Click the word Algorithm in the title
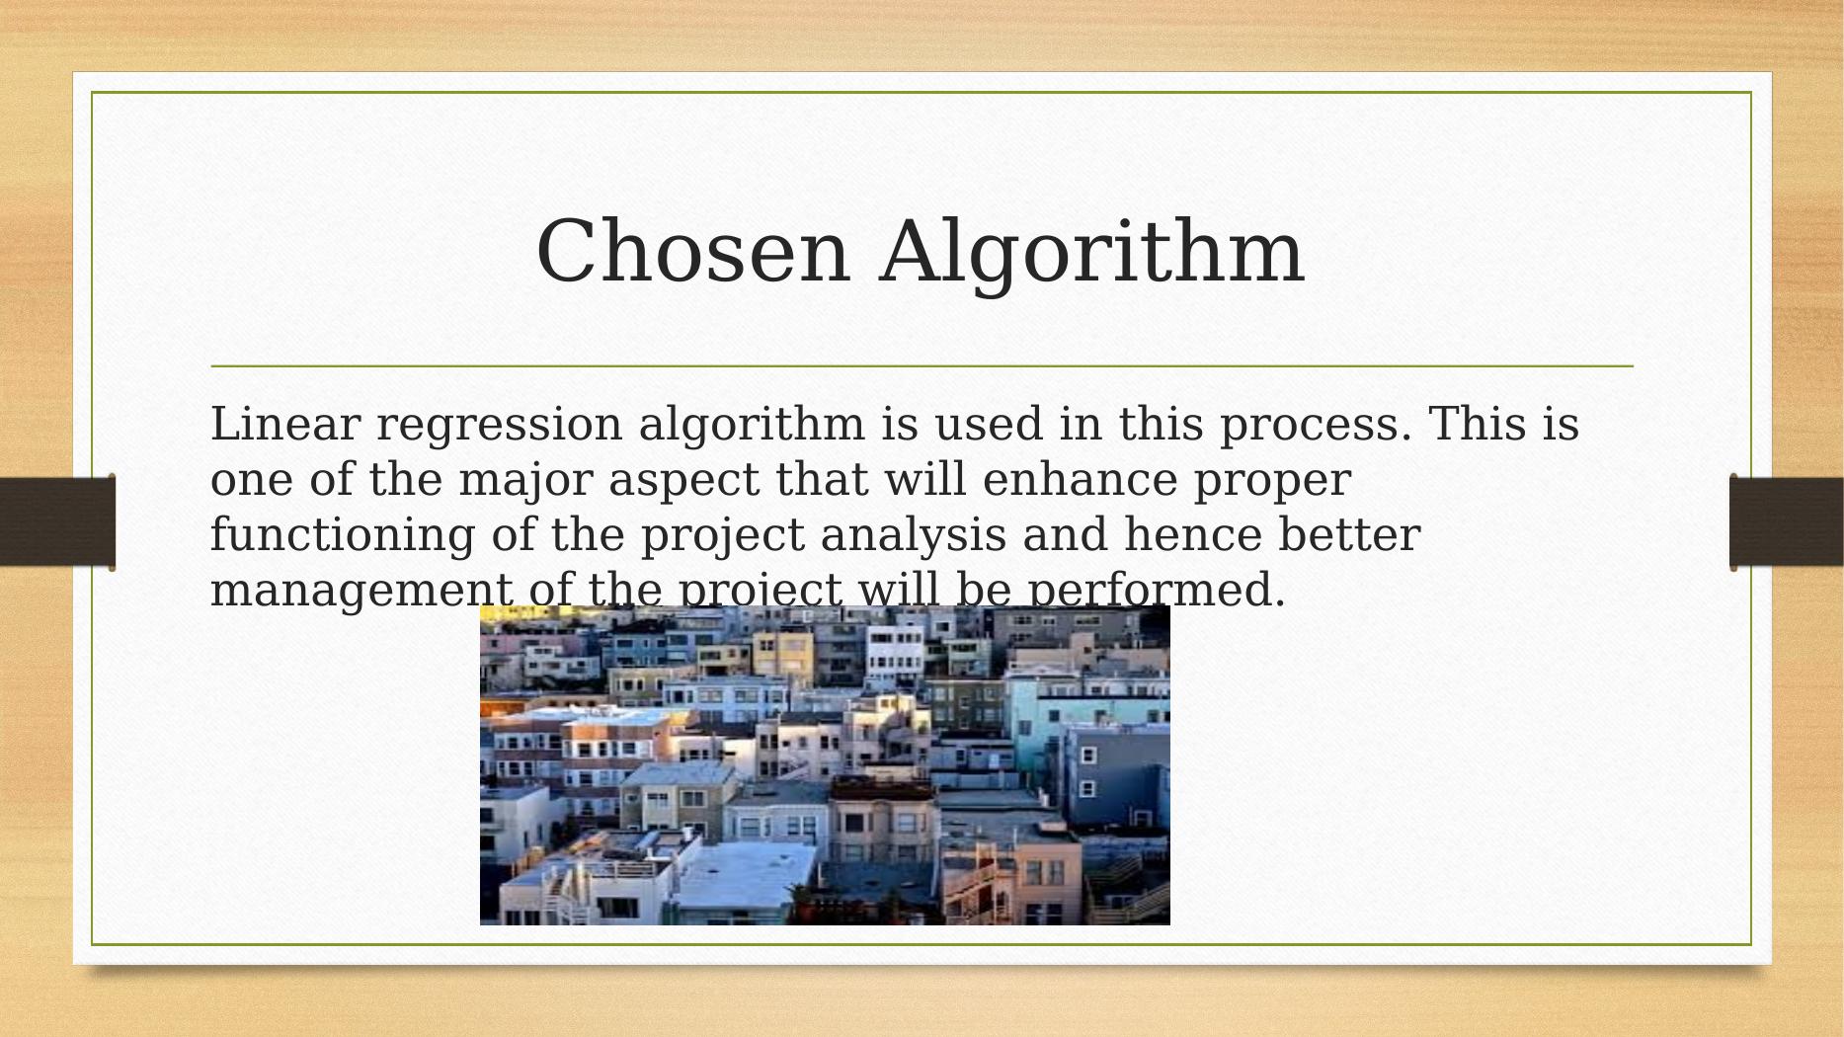1092,253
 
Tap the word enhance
1080,480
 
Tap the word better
1349,535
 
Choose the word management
361,591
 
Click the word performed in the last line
1157,591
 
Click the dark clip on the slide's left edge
57,522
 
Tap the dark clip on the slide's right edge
1787,521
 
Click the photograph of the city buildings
825,765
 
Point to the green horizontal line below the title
922,366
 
